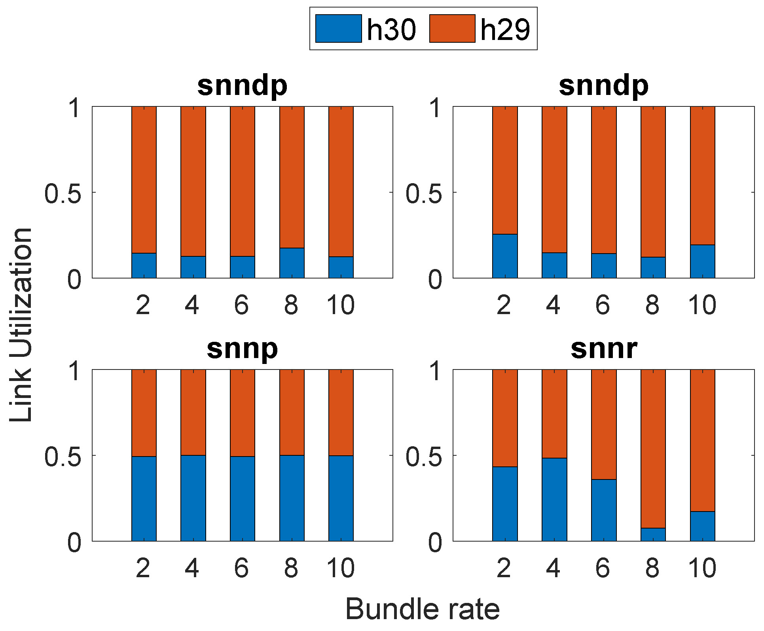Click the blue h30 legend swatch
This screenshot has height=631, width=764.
coord(338,28)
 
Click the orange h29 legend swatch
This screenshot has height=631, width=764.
coord(452,28)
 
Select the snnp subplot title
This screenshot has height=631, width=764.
coord(242,349)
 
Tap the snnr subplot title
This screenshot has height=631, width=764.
coord(603,349)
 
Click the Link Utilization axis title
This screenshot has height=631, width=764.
coord(21,324)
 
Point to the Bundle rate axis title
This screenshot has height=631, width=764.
coord(423,609)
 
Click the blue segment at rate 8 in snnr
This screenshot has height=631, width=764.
coord(653,534)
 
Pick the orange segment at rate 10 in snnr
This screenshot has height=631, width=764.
coord(702,440)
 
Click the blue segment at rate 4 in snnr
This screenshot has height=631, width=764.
coord(554,499)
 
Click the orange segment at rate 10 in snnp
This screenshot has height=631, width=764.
coord(341,412)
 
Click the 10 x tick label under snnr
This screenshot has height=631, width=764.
coord(702,568)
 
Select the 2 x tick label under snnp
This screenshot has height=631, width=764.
coord(143,568)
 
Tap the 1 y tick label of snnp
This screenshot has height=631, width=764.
coord(74,371)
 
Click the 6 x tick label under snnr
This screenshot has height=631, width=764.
coord(602,568)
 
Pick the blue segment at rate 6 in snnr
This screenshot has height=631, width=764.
coord(603,510)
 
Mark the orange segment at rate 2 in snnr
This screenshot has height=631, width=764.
coord(505,418)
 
